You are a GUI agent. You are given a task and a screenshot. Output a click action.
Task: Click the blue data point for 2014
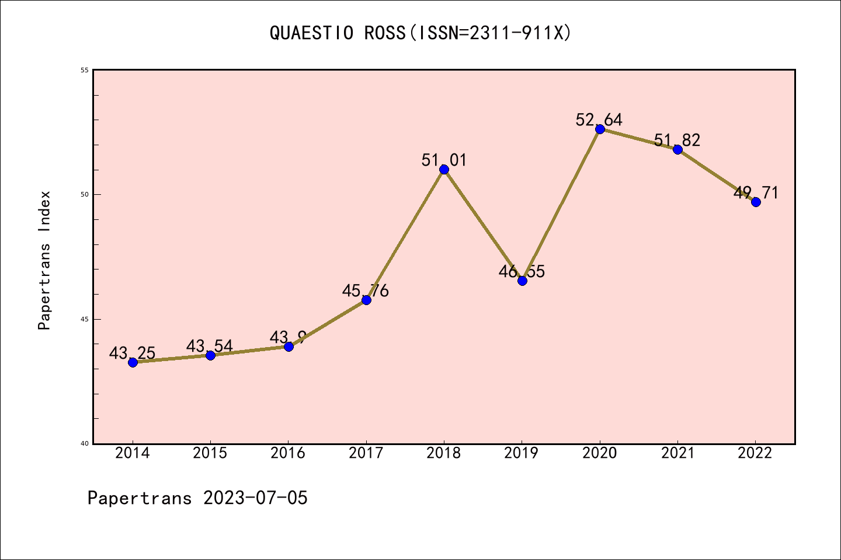coord(133,362)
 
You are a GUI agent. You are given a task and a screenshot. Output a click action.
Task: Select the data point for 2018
coord(444,169)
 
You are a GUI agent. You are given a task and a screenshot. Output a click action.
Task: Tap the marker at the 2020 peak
coord(600,129)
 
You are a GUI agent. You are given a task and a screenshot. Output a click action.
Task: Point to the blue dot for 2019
coord(522,281)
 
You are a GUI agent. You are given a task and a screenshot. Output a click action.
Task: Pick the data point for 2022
coord(756,202)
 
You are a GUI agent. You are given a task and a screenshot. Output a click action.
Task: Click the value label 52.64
coord(599,120)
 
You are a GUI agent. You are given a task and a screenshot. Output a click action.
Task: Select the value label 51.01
coord(444,160)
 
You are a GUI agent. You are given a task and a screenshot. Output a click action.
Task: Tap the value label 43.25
coord(132,353)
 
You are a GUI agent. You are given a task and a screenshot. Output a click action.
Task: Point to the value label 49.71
coord(756,192)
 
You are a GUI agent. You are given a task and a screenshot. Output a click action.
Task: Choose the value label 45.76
coord(365,290)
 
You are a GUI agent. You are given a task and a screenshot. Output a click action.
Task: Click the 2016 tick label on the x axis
coord(288,453)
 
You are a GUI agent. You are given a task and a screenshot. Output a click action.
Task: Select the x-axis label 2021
coord(677,453)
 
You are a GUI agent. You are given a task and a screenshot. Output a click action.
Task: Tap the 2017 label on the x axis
coord(366,453)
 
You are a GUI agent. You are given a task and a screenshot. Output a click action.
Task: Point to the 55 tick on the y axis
coord(84,70)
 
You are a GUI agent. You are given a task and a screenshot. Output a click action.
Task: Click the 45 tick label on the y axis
coord(84,319)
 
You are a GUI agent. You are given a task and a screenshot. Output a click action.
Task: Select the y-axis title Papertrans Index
coord(44,260)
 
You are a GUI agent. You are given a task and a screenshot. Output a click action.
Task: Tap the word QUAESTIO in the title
coord(311,33)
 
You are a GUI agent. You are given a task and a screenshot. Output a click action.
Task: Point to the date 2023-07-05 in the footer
coord(255,498)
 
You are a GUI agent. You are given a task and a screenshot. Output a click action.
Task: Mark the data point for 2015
coord(210,355)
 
